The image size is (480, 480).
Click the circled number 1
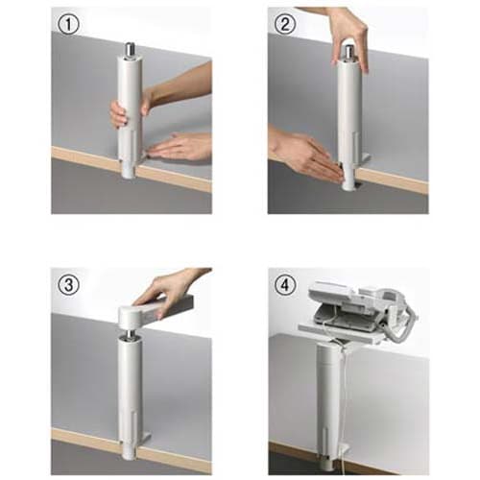pos(69,25)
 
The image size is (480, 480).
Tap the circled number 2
pos(285,24)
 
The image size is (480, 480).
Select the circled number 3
pos(69,285)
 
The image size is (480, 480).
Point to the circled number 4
pos(285,285)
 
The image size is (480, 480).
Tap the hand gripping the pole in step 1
pos(128,108)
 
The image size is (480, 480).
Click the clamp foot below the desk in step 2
pos(348,180)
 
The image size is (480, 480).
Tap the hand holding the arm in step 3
pos(171,290)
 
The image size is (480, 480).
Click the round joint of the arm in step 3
pos(132,315)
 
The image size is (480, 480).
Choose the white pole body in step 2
pos(350,112)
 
